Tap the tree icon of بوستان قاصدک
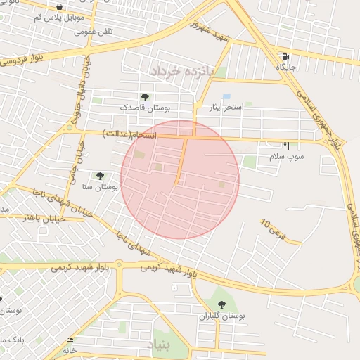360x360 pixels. [x=145, y=97]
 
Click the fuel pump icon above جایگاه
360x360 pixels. [x=285, y=56]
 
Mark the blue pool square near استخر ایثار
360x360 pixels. [x=226, y=96]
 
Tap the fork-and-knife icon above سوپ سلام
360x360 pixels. [x=286, y=146]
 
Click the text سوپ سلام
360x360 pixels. [x=286, y=156]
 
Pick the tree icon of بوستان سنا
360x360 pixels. [x=99, y=176]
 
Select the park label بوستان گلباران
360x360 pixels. [x=222, y=316]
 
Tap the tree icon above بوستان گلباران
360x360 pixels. [x=222, y=304]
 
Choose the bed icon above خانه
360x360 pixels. [x=69, y=340]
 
